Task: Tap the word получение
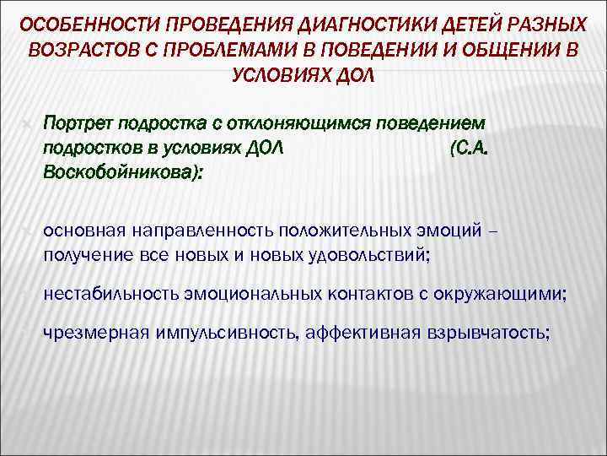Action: (81, 254)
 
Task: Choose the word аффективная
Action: (363, 333)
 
